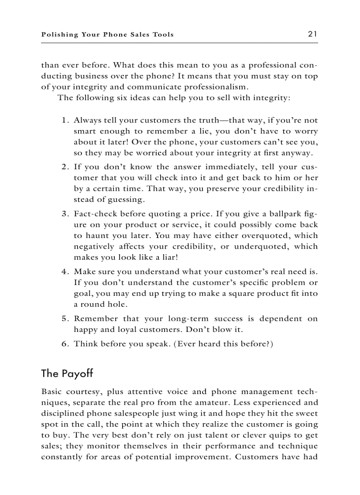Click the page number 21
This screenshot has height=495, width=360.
(x=313, y=34)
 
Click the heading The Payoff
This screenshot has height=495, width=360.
(x=67, y=373)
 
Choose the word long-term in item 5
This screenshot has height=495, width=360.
(x=187, y=319)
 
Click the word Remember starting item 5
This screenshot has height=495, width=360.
(x=96, y=319)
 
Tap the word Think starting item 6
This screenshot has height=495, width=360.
(x=86, y=344)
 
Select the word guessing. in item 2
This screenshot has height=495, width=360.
(x=114, y=200)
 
